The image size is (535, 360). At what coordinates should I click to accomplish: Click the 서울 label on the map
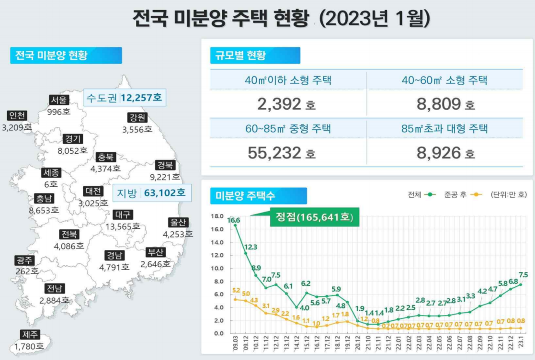pos(59,100)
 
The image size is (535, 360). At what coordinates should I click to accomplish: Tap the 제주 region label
pos(29,335)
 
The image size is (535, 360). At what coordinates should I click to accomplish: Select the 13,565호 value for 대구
pos(122,226)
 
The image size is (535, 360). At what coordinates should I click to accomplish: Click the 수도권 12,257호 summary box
pos(124,99)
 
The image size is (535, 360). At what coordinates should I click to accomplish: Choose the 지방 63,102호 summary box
pos(151,193)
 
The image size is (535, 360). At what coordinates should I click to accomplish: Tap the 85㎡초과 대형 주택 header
pos(445,129)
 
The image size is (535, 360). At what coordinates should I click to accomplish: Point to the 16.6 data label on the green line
pos(234,220)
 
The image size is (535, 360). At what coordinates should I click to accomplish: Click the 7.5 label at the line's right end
pos(523,275)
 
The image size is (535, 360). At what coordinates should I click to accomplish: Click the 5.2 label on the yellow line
pos(236,291)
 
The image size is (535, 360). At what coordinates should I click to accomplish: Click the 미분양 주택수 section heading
pos(244,195)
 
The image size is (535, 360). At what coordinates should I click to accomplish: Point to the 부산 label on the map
pos(156,253)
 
